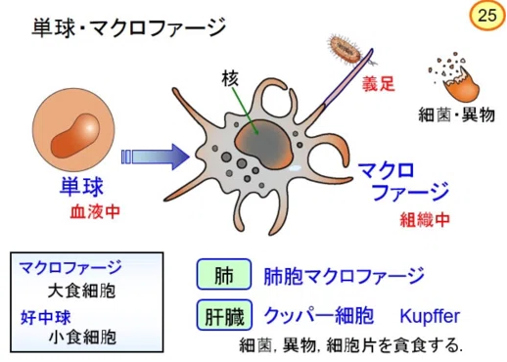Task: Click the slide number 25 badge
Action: pos(487,16)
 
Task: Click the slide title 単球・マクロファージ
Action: pos(129,27)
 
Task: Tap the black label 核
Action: pos(230,78)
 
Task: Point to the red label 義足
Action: pos(379,84)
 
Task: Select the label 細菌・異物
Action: pos(456,114)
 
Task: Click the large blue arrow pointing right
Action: pos(155,157)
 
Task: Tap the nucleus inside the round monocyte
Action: pos(75,136)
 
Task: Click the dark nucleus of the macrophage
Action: pos(263,145)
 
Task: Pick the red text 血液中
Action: pos(95,211)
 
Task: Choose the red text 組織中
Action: pos(425,219)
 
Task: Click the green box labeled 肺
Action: pos(224,274)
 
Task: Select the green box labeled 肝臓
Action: pos(224,315)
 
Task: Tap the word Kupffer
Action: pos(430,316)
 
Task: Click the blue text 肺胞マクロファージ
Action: pos(345,276)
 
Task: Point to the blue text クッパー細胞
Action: pos(319,315)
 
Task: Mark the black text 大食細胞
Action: pos(81,291)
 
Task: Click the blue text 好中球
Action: pos(46,317)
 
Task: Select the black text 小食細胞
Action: pos(82,338)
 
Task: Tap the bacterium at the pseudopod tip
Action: pos(345,49)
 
